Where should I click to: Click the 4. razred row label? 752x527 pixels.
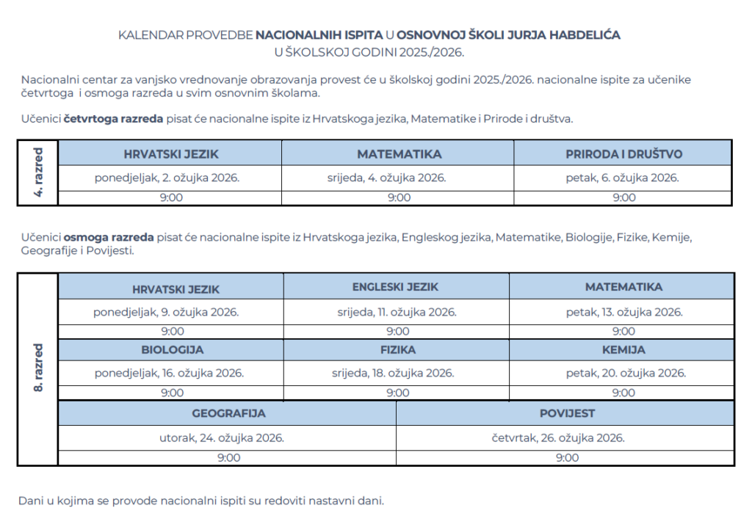(38, 172)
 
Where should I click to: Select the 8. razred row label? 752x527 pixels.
(38, 368)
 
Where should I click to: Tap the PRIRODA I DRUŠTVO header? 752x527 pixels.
(623, 154)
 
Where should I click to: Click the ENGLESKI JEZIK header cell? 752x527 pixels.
(395, 287)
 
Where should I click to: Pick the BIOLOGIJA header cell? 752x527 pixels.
(173, 349)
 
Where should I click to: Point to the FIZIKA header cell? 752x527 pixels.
(398, 349)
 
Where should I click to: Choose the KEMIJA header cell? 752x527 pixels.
(623, 349)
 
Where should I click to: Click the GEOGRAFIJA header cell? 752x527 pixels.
(228, 413)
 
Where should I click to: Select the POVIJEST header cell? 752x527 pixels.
(566, 413)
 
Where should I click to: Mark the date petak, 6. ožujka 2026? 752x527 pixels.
(622, 178)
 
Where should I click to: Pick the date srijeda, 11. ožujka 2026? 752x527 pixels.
(397, 312)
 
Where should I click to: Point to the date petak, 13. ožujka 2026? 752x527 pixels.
(624, 312)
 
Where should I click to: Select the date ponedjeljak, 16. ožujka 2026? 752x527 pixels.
(169, 373)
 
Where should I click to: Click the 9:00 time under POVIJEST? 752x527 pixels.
(566, 458)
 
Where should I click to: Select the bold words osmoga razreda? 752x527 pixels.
(109, 237)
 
